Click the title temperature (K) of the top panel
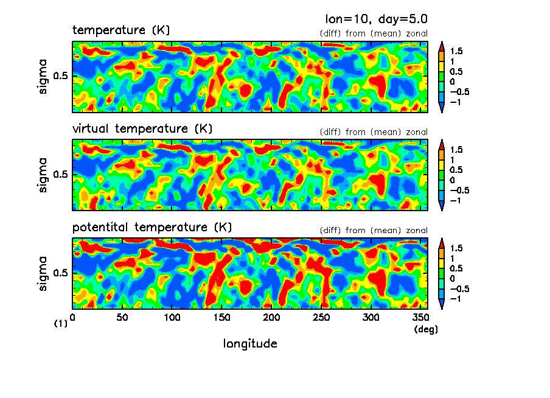[121, 30]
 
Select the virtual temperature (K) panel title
[142, 129]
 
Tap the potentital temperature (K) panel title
[152, 228]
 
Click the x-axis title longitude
[250, 344]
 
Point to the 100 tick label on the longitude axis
[172, 318]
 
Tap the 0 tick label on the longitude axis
[73, 318]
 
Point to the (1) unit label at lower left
[60, 324]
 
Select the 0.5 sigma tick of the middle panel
[61, 175]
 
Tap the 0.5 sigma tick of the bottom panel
[61, 273]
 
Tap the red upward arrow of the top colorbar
[442, 44]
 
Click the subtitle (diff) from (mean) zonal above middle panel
[374, 132]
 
